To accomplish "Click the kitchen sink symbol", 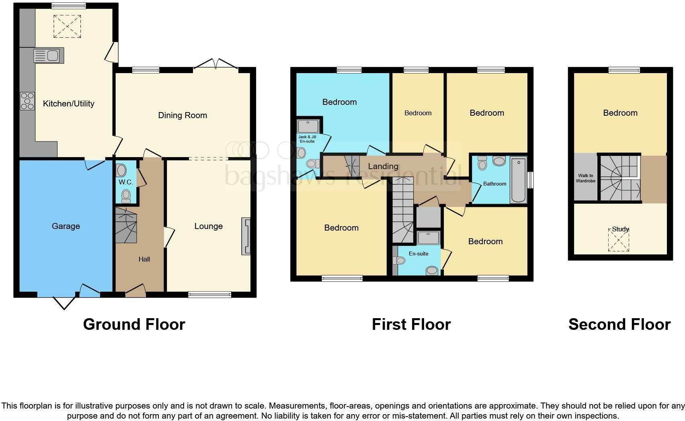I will coord(49,55).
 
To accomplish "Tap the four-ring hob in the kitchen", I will coord(27,101).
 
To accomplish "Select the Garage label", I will coord(66,226).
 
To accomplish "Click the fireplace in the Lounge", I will coord(246,236).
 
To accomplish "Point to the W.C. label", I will coord(126,182).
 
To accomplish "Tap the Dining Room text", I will coord(183,115).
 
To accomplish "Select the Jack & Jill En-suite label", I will coord(307,139).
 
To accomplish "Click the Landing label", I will coord(383,166).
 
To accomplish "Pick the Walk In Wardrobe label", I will coord(585,178).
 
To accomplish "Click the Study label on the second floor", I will coord(620,229).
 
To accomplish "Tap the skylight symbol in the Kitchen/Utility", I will coord(67,27).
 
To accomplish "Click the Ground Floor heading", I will coord(134,324).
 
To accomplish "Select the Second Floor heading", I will coord(619,324).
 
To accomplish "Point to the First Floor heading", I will coord(411,324).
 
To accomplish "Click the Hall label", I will coord(144,259).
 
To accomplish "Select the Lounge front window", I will coord(209,294).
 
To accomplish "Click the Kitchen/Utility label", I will coord(68,104).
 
